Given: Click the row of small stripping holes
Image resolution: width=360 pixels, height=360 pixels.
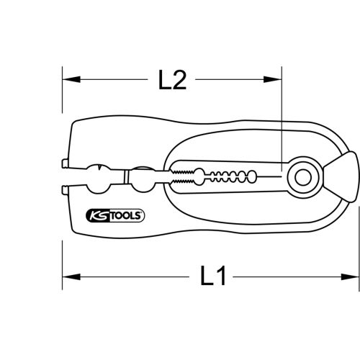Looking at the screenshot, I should pos(230,174).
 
